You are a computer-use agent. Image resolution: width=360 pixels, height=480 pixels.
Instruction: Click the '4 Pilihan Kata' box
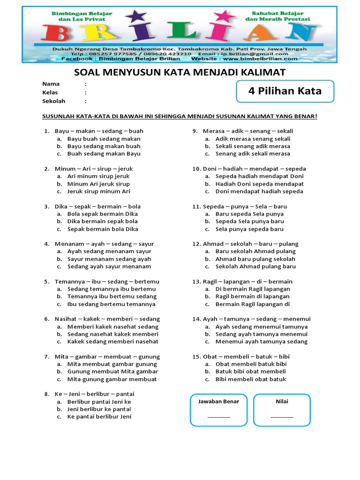[x=285, y=91]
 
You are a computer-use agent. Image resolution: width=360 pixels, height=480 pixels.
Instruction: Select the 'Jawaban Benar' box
[x=218, y=410]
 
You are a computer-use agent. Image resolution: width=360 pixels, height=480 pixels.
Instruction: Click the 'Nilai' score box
[x=282, y=410]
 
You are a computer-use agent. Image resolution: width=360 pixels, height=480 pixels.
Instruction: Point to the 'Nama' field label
[x=51, y=84]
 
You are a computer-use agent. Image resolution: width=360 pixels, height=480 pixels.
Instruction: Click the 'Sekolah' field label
[x=54, y=101]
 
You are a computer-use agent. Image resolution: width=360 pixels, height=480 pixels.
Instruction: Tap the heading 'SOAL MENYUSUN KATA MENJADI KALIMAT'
[x=180, y=72]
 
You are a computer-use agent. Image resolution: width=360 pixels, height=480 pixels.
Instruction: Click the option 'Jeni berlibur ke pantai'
[x=99, y=409]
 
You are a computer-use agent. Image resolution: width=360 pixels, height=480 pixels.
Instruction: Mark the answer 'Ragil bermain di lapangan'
[x=252, y=296]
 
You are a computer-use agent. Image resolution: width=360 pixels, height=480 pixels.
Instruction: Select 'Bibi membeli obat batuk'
[x=250, y=379]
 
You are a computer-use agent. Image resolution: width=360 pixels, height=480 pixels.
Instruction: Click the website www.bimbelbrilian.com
[x=260, y=59]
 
